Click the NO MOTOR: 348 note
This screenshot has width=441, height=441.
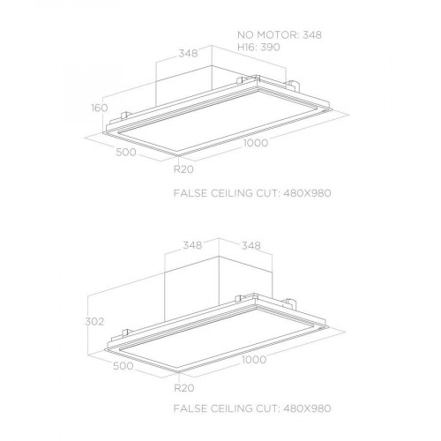280,34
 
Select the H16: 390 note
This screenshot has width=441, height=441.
258,47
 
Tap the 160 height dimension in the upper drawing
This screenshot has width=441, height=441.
100,108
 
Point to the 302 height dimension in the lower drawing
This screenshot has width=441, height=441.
94,322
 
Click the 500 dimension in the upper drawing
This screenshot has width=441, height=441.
126,153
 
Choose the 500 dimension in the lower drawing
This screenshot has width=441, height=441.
123,366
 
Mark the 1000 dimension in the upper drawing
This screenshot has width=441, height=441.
256,143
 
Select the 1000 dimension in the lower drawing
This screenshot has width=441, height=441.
254,359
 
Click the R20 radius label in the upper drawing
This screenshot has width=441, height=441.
183,169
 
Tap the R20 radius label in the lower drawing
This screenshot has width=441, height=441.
184,388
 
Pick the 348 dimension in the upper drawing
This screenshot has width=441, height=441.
188,54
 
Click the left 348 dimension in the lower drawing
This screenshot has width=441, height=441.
192,245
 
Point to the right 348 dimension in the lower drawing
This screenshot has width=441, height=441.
251,245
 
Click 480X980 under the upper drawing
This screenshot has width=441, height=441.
307,193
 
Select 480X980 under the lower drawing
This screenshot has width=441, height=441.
307,408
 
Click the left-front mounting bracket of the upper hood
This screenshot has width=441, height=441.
124,116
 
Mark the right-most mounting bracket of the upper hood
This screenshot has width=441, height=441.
292,85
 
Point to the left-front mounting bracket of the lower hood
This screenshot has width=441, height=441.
127,333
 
